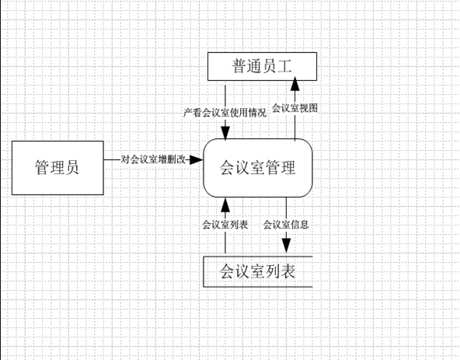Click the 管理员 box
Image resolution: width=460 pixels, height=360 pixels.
click(57, 168)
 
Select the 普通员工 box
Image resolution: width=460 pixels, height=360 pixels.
click(263, 66)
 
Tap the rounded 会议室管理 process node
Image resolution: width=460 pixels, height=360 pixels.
click(258, 168)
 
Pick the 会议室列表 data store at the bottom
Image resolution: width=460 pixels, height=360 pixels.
click(258, 271)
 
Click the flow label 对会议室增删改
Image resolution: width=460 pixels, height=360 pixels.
click(153, 159)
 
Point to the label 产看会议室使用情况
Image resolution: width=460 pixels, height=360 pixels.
click(225, 113)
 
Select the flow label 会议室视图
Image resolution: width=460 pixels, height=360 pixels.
click(294, 108)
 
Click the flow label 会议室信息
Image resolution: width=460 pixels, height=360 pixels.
click(286, 225)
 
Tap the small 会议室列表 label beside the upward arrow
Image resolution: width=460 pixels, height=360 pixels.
click(225, 225)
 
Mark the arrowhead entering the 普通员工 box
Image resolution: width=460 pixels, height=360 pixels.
click(294, 84)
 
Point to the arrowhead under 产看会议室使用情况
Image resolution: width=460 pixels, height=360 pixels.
click(225, 133)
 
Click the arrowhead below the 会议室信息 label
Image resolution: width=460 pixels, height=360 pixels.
click(286, 246)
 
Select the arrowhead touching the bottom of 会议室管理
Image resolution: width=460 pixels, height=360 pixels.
click(225, 204)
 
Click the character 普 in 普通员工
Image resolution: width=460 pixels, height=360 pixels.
click(239, 66)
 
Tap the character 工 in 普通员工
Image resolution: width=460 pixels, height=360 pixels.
click(285, 66)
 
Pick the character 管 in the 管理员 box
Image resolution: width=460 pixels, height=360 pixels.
click(42, 168)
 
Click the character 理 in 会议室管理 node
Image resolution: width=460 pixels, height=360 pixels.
click(287, 168)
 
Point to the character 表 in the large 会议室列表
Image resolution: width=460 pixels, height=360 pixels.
click(287, 271)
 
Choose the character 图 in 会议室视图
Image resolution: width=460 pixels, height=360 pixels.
click(313, 108)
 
